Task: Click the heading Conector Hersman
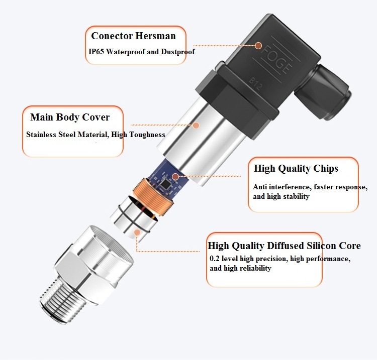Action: (x=133, y=36)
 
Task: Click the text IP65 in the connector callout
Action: (x=96, y=51)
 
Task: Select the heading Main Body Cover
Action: (x=70, y=117)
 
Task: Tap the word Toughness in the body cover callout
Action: (x=147, y=135)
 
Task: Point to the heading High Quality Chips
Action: (x=296, y=168)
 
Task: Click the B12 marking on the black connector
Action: (x=255, y=83)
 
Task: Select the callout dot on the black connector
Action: (x=258, y=46)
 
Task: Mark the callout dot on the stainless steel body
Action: (x=196, y=125)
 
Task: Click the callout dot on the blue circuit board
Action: (x=175, y=177)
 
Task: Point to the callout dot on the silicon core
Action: (x=137, y=232)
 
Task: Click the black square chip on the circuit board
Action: (x=165, y=184)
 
